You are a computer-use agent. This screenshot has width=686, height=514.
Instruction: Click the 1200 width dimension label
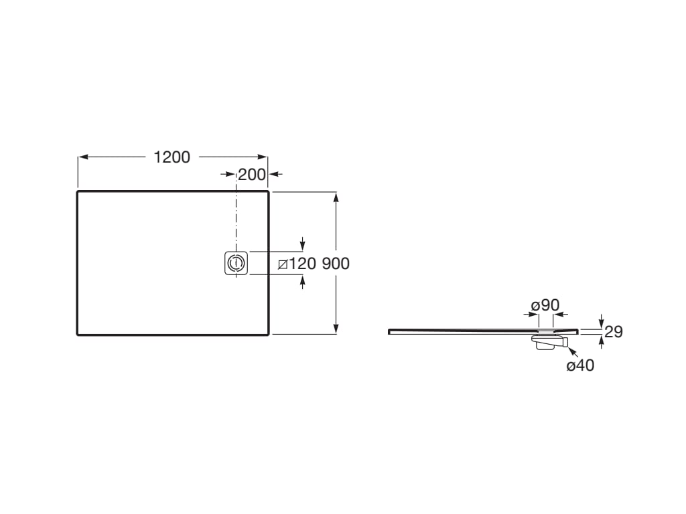click(x=172, y=157)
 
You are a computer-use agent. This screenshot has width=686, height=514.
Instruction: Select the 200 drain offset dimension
click(x=252, y=175)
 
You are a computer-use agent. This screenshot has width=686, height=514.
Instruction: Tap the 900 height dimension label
click(x=336, y=264)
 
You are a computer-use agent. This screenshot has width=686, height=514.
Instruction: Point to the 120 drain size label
click(x=302, y=264)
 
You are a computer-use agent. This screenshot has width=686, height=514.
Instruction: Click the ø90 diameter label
click(x=545, y=305)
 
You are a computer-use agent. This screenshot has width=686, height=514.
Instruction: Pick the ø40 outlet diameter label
click(x=581, y=365)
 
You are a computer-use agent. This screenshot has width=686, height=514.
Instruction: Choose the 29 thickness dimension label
click(x=614, y=332)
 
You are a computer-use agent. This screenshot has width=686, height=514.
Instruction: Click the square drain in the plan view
click(x=236, y=263)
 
